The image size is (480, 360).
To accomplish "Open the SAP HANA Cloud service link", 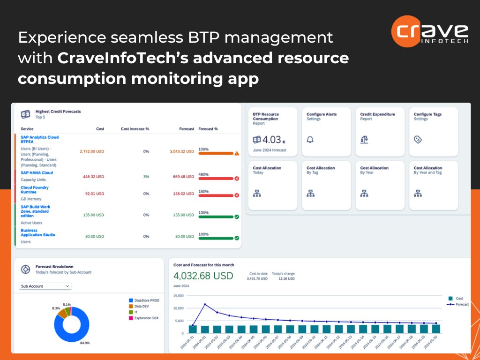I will (37, 172).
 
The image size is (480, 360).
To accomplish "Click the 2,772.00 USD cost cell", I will (92, 151).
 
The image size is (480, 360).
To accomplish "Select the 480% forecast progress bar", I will (216, 179).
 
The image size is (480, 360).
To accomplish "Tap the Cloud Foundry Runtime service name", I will (35, 189).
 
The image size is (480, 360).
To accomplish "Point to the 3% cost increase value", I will (146, 177).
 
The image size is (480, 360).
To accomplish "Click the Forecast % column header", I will (208, 128).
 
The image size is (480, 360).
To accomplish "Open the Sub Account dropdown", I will (45, 286).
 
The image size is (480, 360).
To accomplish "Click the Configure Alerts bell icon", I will (310, 140).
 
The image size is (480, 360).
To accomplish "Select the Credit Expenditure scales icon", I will (364, 140).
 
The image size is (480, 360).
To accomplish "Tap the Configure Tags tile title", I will (427, 114).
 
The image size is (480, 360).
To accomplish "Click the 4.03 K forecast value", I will (271, 140).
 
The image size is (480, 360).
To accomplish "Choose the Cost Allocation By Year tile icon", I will (364, 193).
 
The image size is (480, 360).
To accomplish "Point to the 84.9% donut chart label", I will (85, 343).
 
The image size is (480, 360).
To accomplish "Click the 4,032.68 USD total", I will (203, 276).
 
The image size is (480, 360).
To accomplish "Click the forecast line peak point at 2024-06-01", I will (205, 304).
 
